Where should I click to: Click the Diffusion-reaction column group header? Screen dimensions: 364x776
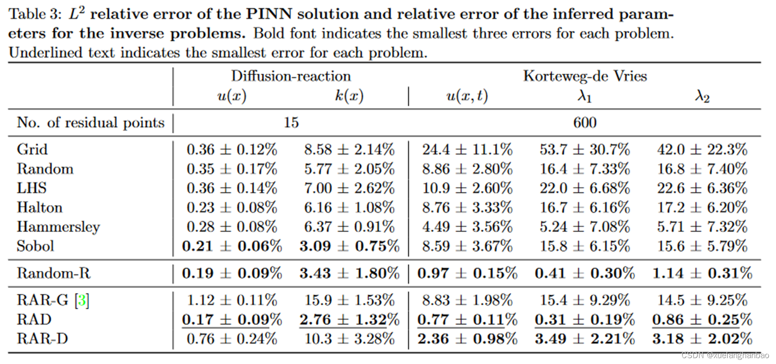pyautogui.click(x=291, y=76)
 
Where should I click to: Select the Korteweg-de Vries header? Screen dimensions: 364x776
pyautogui.click(x=585, y=76)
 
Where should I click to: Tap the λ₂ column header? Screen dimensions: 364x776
pyautogui.click(x=702, y=96)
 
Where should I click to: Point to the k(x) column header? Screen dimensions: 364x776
pyautogui.click(x=349, y=96)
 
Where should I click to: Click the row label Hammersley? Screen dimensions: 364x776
pyautogui.click(x=58, y=227)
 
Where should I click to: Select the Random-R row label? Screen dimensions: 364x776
pyautogui.click(x=53, y=273)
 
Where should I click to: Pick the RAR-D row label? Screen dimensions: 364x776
pyautogui.click(x=42, y=339)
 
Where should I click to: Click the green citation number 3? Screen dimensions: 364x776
pyautogui.click(x=82, y=300)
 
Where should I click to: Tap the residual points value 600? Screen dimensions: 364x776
pyautogui.click(x=585, y=123)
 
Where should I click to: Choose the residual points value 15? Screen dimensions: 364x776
pyautogui.click(x=291, y=123)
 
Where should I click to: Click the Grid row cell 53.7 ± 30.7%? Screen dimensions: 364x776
pyautogui.click(x=584, y=150)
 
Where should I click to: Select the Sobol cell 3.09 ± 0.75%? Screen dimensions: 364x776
pyautogui.click(x=349, y=246)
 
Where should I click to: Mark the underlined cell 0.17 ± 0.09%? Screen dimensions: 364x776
pyautogui.click(x=232, y=320)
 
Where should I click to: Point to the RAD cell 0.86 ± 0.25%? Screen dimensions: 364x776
pyautogui.click(x=702, y=320)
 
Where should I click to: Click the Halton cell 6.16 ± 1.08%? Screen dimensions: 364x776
pyautogui.click(x=349, y=208)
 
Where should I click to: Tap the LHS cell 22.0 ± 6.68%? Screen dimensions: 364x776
pyautogui.click(x=584, y=188)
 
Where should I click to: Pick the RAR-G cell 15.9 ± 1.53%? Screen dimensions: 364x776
pyautogui.click(x=349, y=300)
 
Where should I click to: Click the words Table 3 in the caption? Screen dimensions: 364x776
pyautogui.click(x=34, y=14)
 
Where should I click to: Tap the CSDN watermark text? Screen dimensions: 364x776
pyautogui.click(x=725, y=355)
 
